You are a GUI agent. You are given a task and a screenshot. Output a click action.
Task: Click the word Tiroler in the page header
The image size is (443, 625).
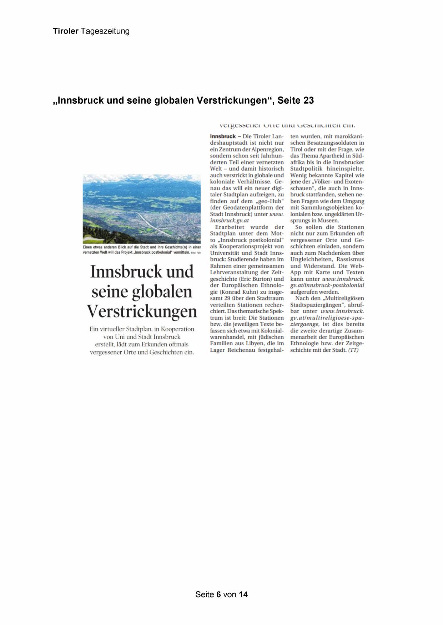66,31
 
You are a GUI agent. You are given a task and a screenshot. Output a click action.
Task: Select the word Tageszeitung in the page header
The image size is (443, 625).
105,31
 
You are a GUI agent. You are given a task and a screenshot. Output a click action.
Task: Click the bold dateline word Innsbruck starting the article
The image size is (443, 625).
223,136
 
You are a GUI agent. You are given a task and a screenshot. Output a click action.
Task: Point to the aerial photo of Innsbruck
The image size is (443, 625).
142,208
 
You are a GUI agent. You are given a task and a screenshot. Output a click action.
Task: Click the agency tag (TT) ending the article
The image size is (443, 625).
353,350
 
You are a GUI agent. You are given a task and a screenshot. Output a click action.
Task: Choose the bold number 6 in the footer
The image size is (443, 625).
218,594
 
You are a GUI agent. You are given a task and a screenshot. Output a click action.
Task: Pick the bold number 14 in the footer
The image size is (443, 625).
243,594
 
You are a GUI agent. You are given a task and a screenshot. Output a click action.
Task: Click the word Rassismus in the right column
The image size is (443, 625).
350,259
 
